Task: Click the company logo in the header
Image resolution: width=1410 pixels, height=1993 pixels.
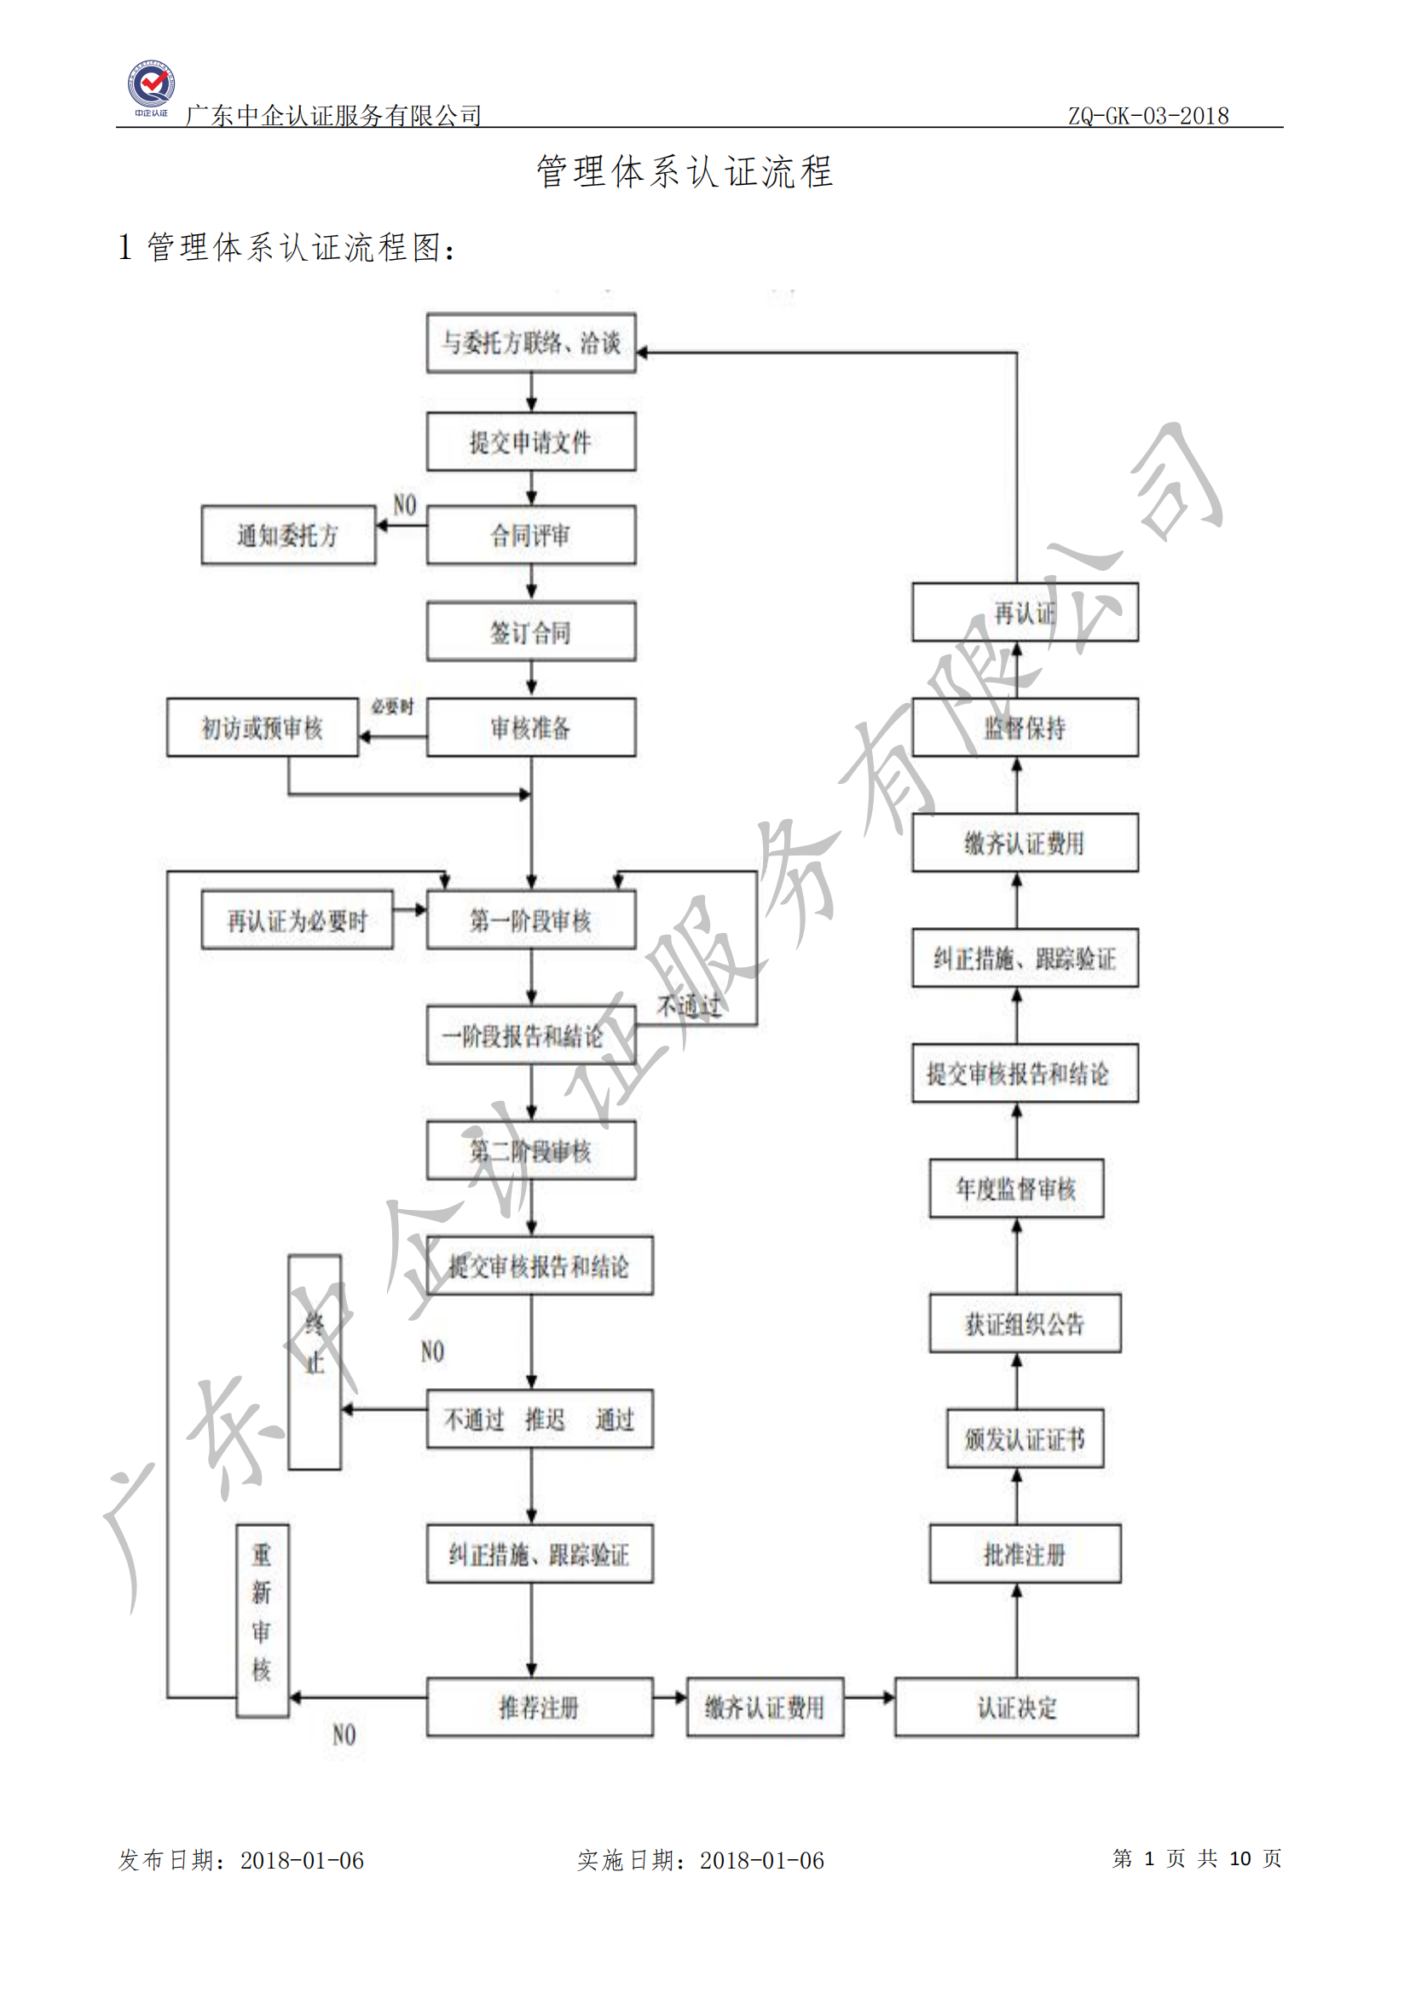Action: point(152,88)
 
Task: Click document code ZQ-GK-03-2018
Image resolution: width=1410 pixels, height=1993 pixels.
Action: point(1147,115)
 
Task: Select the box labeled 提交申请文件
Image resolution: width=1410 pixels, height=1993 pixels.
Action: point(530,442)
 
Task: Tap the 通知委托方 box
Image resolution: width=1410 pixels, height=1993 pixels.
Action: point(288,535)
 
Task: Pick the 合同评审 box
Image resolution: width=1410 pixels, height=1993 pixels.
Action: point(530,535)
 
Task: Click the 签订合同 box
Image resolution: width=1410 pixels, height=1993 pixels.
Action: point(530,632)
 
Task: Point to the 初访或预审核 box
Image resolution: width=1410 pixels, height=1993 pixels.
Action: point(263,728)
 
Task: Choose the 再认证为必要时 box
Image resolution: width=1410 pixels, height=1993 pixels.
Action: point(297,920)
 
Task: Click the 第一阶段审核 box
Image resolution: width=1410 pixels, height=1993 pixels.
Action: point(530,920)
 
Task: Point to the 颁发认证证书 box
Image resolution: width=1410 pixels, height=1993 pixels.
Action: point(1025,1438)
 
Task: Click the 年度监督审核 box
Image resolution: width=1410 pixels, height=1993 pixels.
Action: point(1016,1189)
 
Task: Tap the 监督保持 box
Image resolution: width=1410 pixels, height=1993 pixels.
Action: point(1025,728)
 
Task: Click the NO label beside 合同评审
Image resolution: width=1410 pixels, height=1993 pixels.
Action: point(405,505)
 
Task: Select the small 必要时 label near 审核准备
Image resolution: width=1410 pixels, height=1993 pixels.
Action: point(392,706)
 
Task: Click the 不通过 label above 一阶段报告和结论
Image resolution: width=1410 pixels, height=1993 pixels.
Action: point(689,1006)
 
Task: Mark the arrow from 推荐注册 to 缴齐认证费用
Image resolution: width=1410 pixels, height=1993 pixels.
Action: point(670,1697)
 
